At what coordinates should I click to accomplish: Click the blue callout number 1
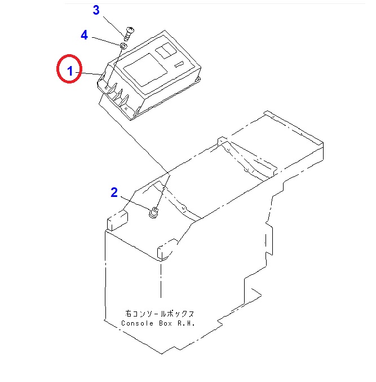click(70, 72)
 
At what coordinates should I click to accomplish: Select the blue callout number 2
click(114, 192)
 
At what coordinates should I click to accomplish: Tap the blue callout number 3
click(96, 10)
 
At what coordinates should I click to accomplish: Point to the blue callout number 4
click(84, 35)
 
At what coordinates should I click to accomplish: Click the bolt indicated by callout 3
click(127, 32)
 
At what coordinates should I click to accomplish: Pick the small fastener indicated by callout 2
click(153, 212)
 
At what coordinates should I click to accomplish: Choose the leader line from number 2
click(134, 203)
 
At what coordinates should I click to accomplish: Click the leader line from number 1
click(90, 74)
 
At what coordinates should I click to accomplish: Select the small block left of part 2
click(116, 219)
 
